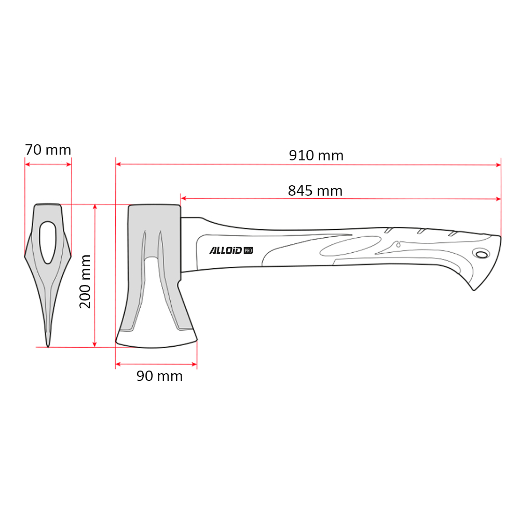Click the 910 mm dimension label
(316, 156)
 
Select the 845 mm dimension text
(315, 190)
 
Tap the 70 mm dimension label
(48, 150)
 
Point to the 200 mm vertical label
(85, 282)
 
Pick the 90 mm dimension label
(159, 376)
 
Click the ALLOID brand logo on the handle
(226, 250)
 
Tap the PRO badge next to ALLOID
(248, 251)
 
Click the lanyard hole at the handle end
(482, 254)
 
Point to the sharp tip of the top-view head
(48, 347)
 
